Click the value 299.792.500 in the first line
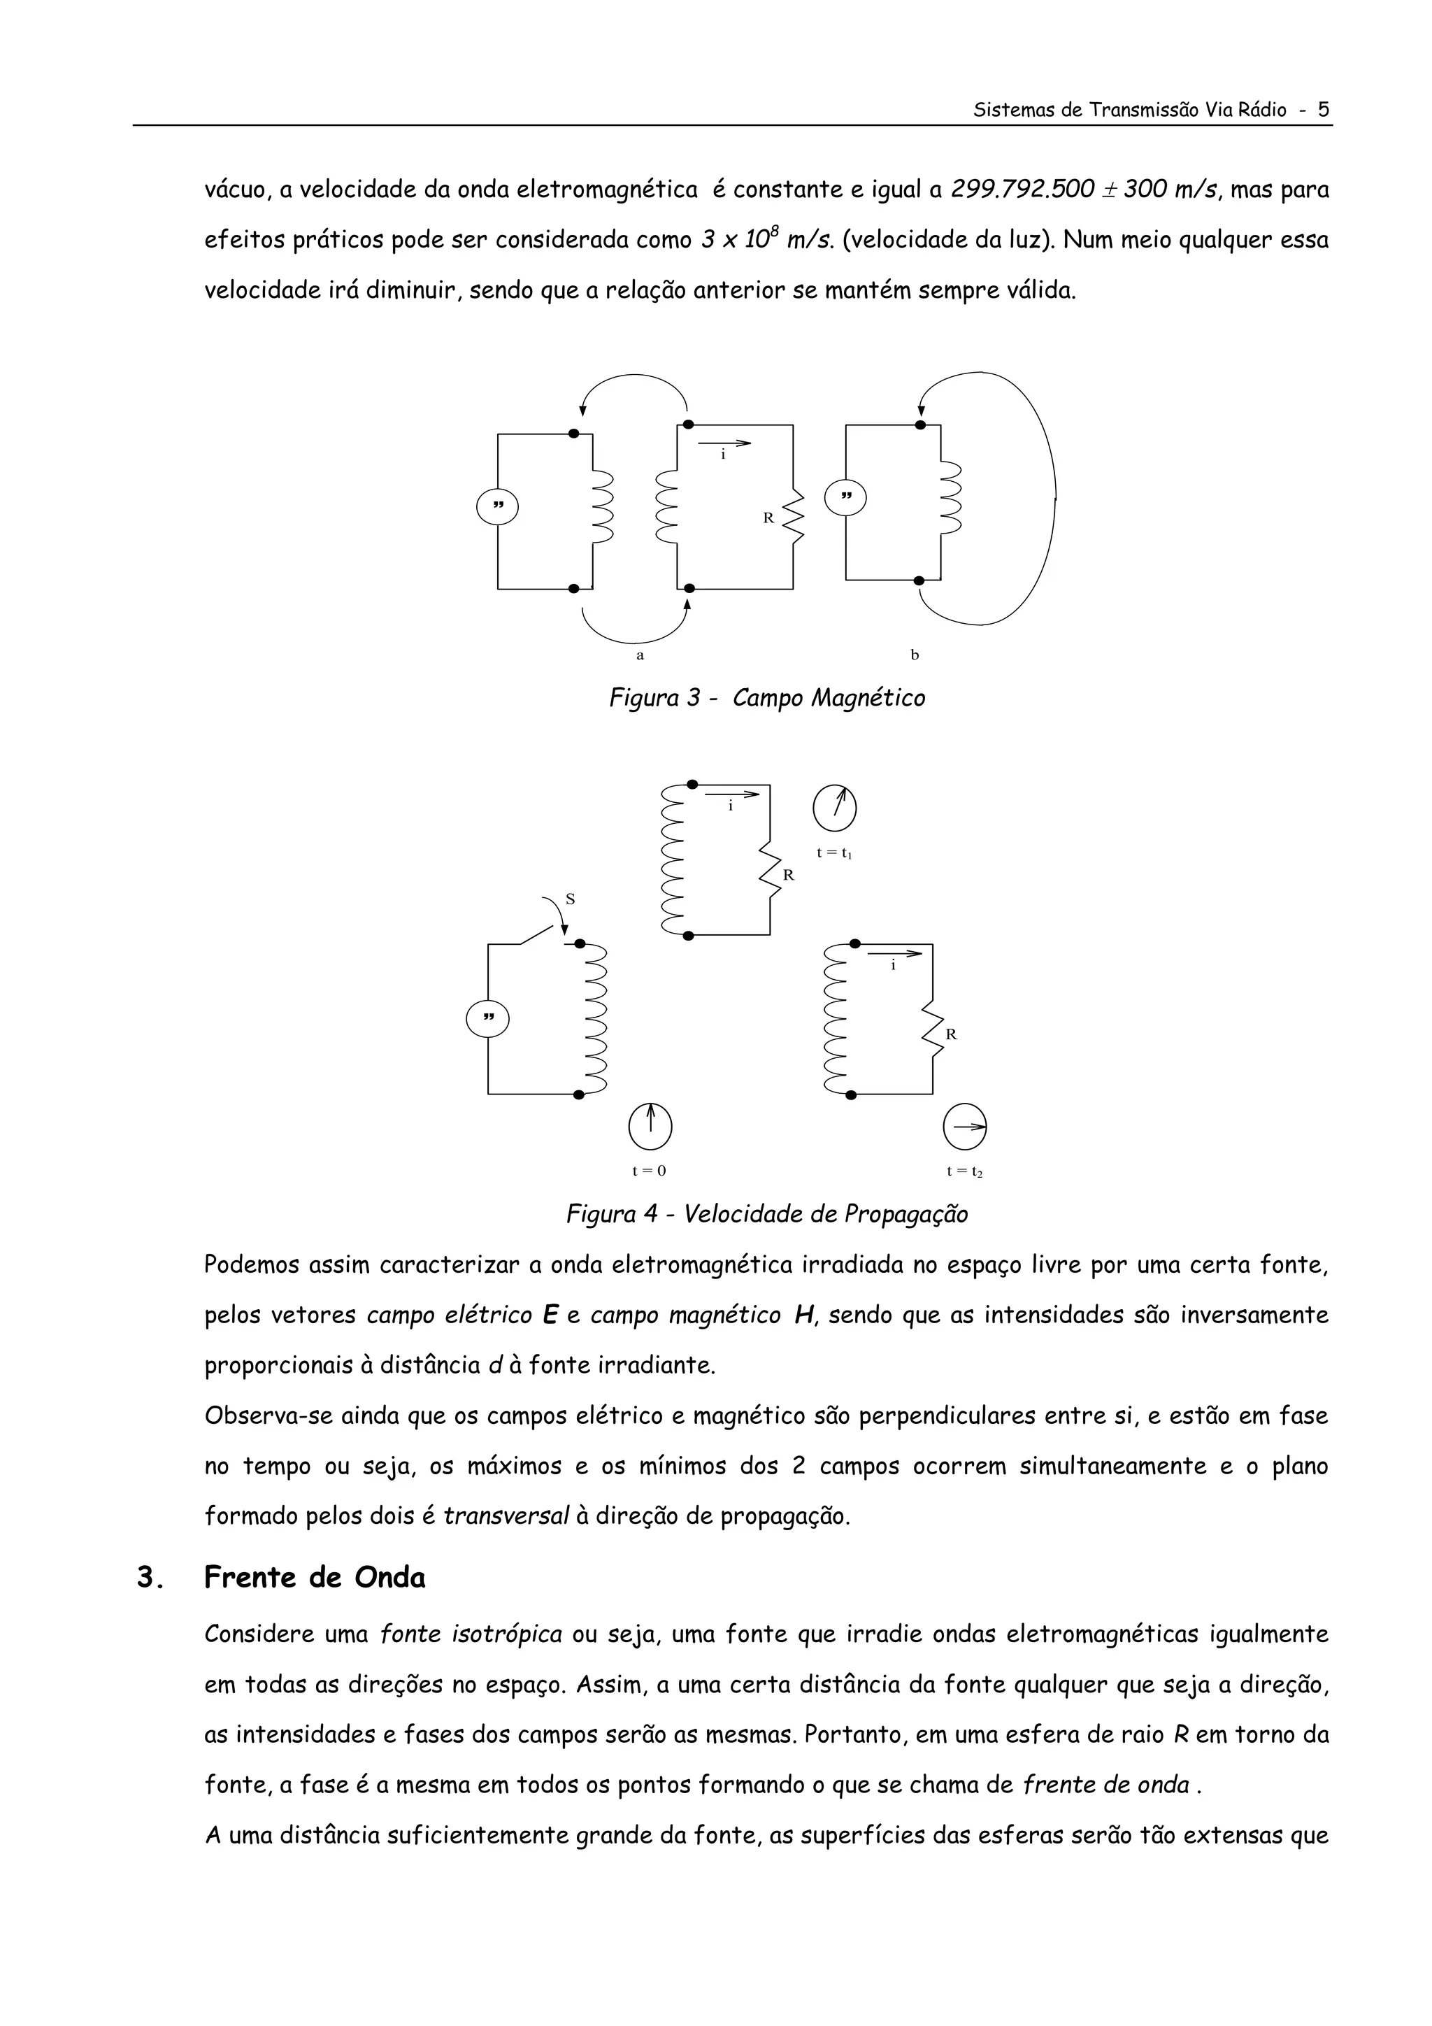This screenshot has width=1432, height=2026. [1022, 190]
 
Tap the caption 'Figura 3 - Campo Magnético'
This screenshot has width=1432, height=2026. [767, 699]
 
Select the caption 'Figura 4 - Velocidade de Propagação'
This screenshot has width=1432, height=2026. [767, 1214]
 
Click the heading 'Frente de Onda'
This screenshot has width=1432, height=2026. [314, 1578]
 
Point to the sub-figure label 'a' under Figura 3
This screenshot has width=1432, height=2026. [640, 655]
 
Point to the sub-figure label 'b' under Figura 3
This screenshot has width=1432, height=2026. [915, 655]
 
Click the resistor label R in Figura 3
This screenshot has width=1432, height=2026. [768, 518]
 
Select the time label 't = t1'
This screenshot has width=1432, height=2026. [833, 853]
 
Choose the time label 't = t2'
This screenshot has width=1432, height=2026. [964, 1172]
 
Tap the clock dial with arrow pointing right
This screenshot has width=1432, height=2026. [964, 1126]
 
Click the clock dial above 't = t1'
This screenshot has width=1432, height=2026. [835, 808]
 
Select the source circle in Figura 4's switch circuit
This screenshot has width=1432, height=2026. [488, 1018]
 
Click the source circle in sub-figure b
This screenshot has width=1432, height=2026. [845, 499]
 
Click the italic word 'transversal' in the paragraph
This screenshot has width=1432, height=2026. [506, 1517]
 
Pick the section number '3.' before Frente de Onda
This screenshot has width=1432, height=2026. [150, 1578]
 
